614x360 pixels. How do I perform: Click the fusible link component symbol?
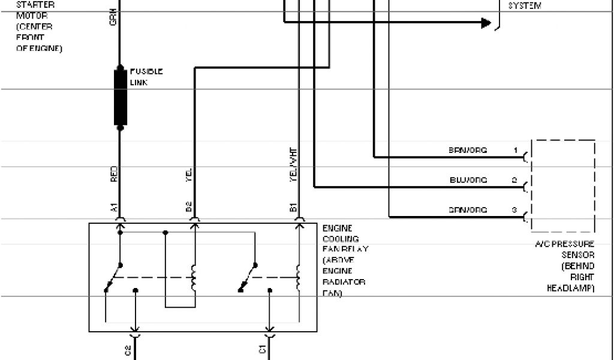120,97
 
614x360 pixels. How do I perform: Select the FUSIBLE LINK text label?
146,77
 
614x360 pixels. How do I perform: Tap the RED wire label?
113,174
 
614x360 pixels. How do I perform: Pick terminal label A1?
113,208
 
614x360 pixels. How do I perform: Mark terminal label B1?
293,208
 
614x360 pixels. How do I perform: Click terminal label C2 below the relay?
128,350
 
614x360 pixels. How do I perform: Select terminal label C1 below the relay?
263,350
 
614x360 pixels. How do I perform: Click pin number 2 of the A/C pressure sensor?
515,179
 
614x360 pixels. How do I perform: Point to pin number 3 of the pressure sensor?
515,210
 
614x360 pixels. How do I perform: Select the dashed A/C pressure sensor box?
562,185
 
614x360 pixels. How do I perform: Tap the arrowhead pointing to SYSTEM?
485,23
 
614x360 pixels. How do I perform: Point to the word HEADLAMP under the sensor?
570,288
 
